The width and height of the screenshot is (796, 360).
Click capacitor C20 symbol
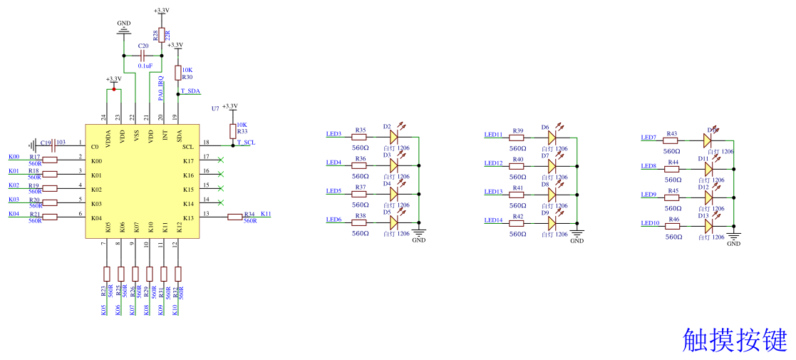tap(143, 55)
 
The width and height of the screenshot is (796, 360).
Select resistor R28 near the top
tap(161, 34)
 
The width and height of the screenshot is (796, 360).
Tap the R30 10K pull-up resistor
tap(177, 72)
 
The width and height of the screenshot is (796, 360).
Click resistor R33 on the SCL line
tap(232, 130)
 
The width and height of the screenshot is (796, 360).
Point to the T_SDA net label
tap(190, 91)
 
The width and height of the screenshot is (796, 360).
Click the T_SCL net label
tap(246, 143)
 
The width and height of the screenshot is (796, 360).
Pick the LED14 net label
tap(493, 220)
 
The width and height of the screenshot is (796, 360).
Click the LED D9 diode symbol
tap(552, 223)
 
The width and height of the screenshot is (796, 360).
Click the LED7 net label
tap(648, 138)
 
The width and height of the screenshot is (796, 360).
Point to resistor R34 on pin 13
tap(236, 217)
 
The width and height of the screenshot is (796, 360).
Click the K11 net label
tap(266, 214)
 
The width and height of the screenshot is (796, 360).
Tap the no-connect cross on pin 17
tap(221, 160)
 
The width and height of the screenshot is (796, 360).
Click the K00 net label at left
tap(14, 157)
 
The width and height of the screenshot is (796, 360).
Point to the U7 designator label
tap(215, 108)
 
